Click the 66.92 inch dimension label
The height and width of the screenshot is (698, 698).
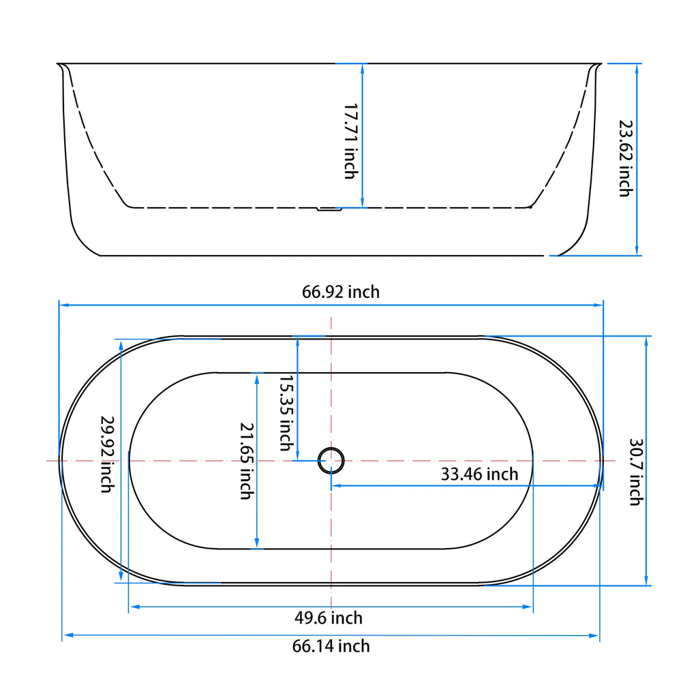tap(341, 292)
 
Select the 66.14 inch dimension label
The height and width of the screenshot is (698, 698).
tap(331, 646)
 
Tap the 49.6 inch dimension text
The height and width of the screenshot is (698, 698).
tap(329, 618)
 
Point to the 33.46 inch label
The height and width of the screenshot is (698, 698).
tap(479, 474)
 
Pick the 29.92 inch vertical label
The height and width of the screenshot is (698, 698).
tap(106, 455)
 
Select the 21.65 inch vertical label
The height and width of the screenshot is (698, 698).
tap(246, 460)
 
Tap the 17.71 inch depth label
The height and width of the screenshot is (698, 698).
tap(350, 141)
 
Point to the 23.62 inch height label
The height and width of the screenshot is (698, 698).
tap(624, 158)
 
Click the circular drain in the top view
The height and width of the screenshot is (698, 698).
tap(332, 460)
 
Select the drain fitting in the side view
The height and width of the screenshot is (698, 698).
tap(330, 210)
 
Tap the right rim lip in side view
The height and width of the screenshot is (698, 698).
tap(597, 67)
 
